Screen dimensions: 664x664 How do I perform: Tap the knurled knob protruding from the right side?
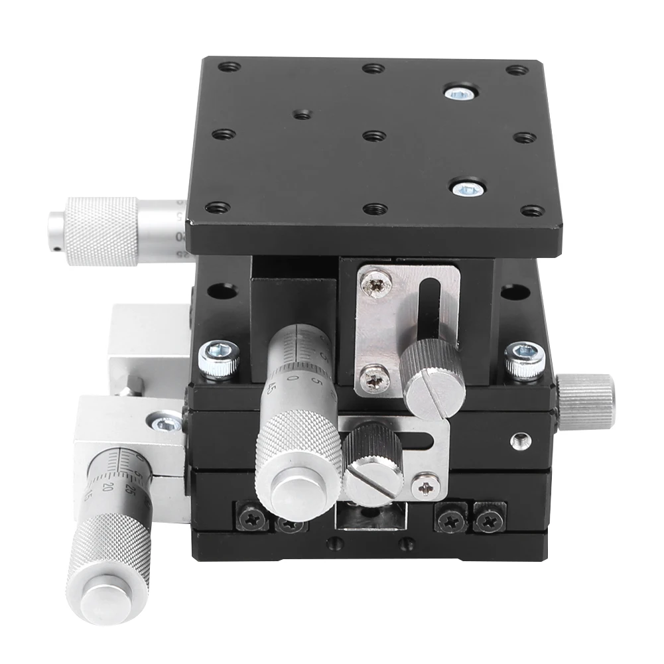tap(586, 401)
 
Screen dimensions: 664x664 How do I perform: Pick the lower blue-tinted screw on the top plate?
tap(467, 190)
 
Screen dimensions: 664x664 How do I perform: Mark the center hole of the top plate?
tap(375, 135)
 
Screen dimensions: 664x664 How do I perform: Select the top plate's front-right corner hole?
tap(532, 211)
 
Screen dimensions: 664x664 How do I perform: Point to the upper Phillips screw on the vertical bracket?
tap(375, 284)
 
